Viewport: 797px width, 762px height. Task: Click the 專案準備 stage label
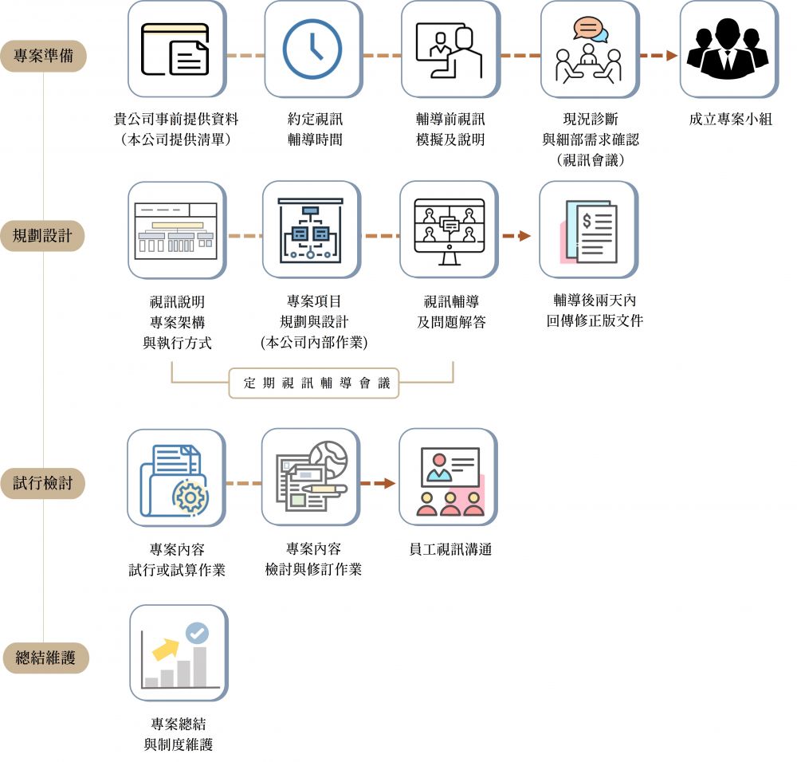43,57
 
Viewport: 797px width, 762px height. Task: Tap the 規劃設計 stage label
43,236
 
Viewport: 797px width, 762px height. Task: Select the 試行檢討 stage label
43,483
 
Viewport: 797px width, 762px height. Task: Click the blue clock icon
312,49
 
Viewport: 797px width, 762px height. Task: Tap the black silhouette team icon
728,49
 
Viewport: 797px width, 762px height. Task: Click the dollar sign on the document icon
587,221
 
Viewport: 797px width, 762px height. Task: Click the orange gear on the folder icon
190,497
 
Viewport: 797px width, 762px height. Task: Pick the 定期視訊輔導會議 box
313,383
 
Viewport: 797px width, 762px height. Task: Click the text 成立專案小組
730,120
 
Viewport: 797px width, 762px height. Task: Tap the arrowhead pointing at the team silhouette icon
670,56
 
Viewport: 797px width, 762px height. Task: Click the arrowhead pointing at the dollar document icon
524,236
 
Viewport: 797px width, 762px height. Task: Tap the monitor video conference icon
450,227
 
